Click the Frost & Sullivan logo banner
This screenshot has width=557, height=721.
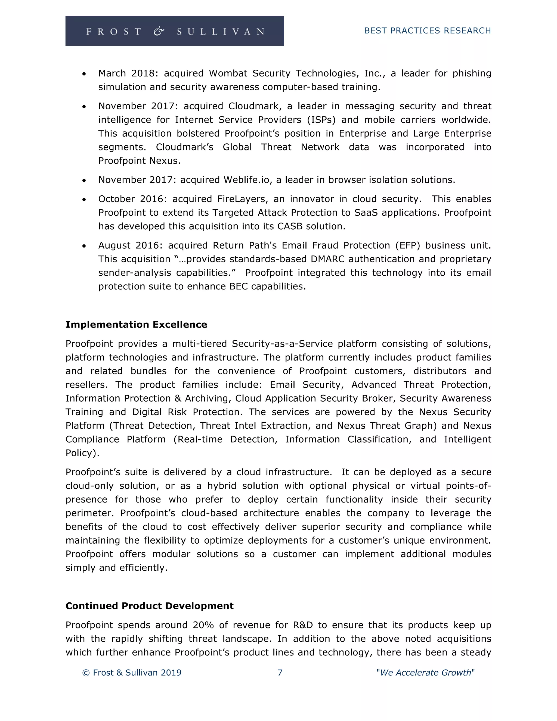(x=175, y=31)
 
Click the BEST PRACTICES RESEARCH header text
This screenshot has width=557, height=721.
(x=427, y=31)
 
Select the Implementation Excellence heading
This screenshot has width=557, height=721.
(x=136, y=325)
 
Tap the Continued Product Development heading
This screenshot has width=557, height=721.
(x=150, y=606)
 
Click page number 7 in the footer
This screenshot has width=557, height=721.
(x=280, y=673)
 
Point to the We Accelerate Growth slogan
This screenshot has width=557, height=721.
(x=425, y=673)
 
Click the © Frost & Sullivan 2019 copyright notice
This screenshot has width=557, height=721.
(x=132, y=673)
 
